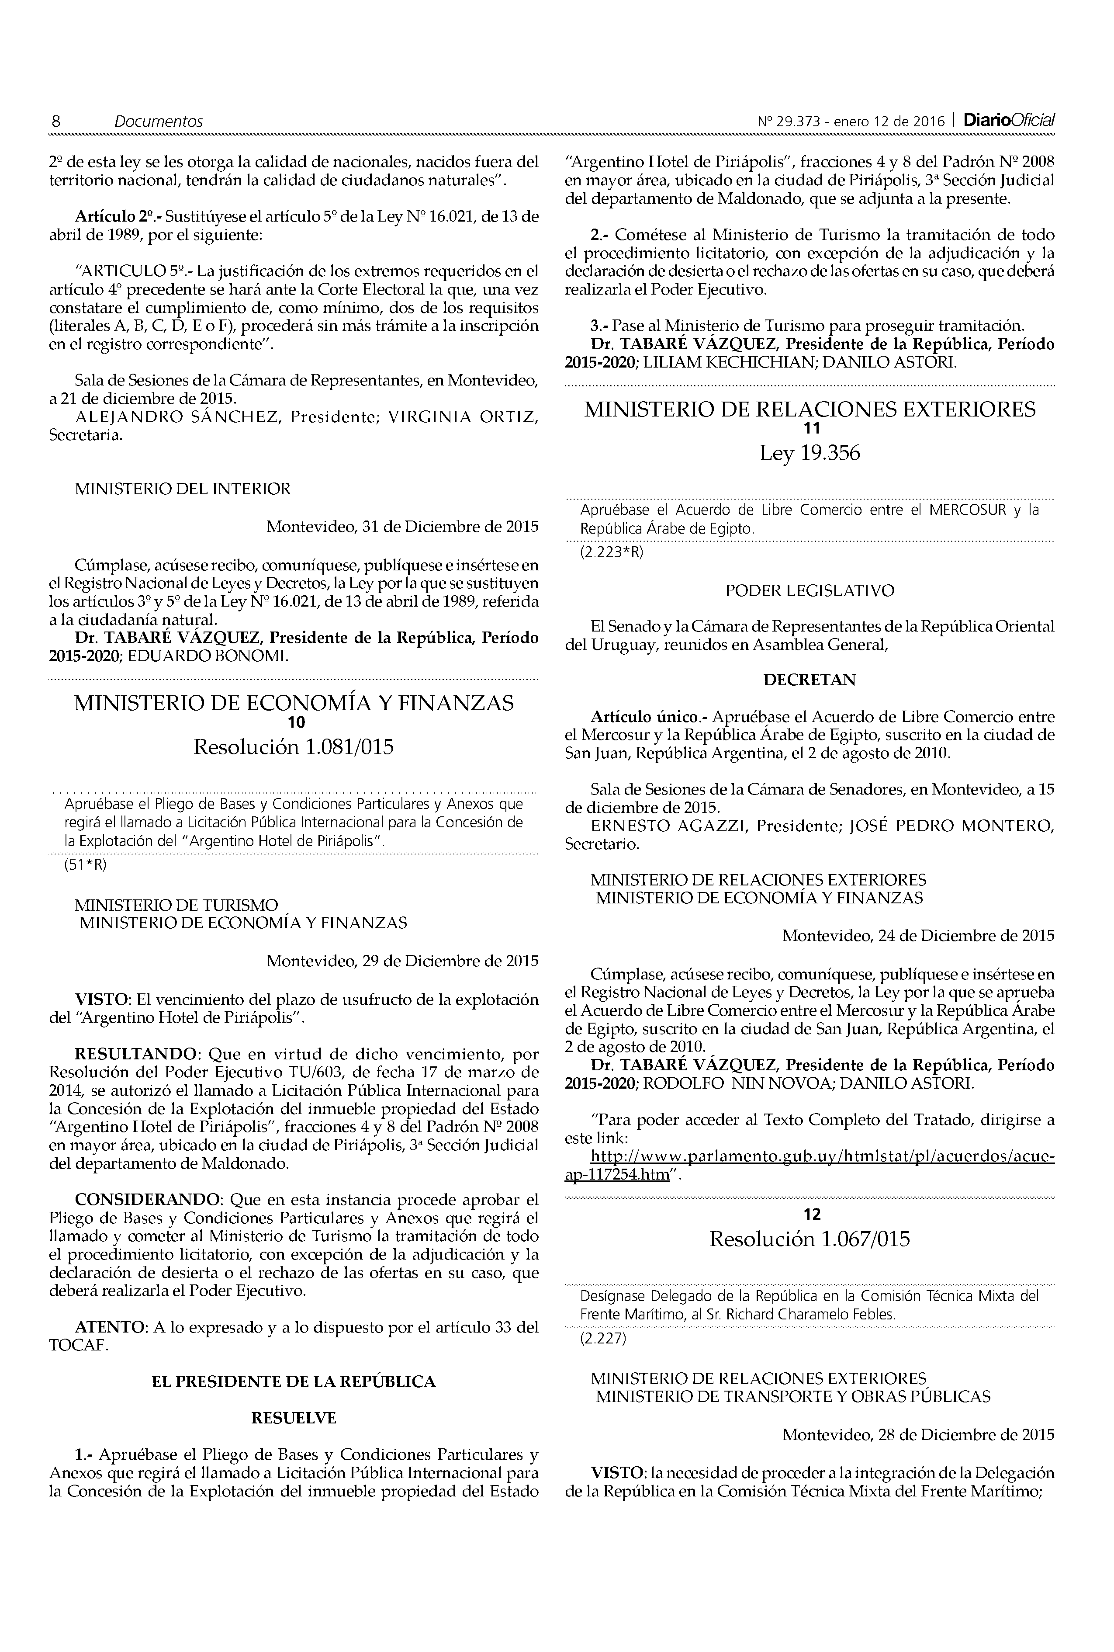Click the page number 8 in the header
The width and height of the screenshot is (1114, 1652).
point(55,121)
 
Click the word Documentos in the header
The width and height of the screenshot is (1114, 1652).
point(159,121)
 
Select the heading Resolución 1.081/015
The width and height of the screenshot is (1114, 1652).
point(294,747)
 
